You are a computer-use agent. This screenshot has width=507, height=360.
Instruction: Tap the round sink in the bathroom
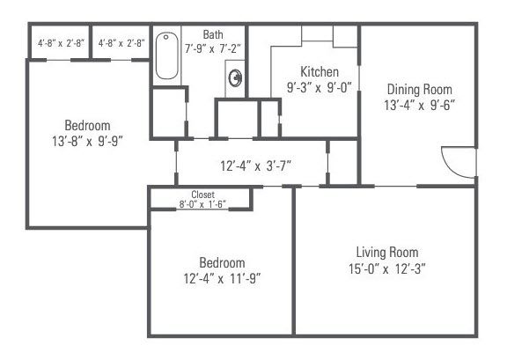(x=236, y=78)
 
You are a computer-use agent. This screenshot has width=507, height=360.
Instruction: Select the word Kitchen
(x=319, y=72)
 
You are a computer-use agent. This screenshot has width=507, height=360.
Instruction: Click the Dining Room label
(x=420, y=89)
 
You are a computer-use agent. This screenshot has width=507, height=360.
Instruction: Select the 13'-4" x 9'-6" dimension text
(x=420, y=105)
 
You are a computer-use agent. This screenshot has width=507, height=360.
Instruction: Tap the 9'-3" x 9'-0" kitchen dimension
(x=319, y=87)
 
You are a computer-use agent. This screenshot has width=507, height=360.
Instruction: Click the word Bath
(x=213, y=34)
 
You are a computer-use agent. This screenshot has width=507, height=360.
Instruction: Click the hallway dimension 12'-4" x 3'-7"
(x=255, y=165)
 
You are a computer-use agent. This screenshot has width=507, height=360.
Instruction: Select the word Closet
(x=203, y=195)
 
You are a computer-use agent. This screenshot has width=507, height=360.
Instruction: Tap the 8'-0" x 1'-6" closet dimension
(x=203, y=204)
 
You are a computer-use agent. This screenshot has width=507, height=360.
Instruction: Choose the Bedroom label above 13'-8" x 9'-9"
(x=86, y=123)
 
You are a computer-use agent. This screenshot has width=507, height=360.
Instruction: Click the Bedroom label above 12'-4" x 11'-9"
(x=221, y=263)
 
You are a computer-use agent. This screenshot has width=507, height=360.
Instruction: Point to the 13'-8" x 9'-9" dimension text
(x=86, y=139)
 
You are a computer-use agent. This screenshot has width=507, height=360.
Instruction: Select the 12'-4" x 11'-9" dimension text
(x=221, y=279)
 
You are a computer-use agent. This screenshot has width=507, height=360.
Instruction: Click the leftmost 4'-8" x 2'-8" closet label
(x=60, y=42)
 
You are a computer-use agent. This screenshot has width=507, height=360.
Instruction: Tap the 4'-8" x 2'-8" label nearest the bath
(x=121, y=42)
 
